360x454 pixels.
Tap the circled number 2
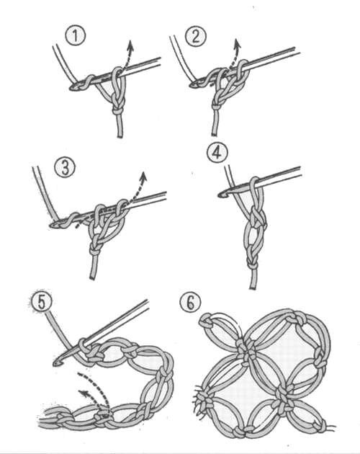click(x=196, y=36)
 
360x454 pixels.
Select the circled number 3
click(x=65, y=168)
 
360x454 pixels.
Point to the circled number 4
click(x=217, y=153)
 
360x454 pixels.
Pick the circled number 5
click(x=42, y=302)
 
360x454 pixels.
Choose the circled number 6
click(x=190, y=303)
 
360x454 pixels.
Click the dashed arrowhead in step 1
click(x=130, y=45)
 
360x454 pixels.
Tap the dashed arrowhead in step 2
click(x=237, y=43)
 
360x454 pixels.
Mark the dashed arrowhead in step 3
click(x=143, y=177)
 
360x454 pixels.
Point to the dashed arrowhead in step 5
click(x=84, y=393)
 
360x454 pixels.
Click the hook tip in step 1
click(x=72, y=87)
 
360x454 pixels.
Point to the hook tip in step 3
click(x=53, y=224)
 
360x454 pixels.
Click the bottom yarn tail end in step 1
click(x=120, y=136)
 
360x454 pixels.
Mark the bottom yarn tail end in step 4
click(x=253, y=288)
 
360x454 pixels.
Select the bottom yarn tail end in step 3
click(x=93, y=278)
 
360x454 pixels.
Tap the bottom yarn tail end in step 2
click(x=214, y=134)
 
